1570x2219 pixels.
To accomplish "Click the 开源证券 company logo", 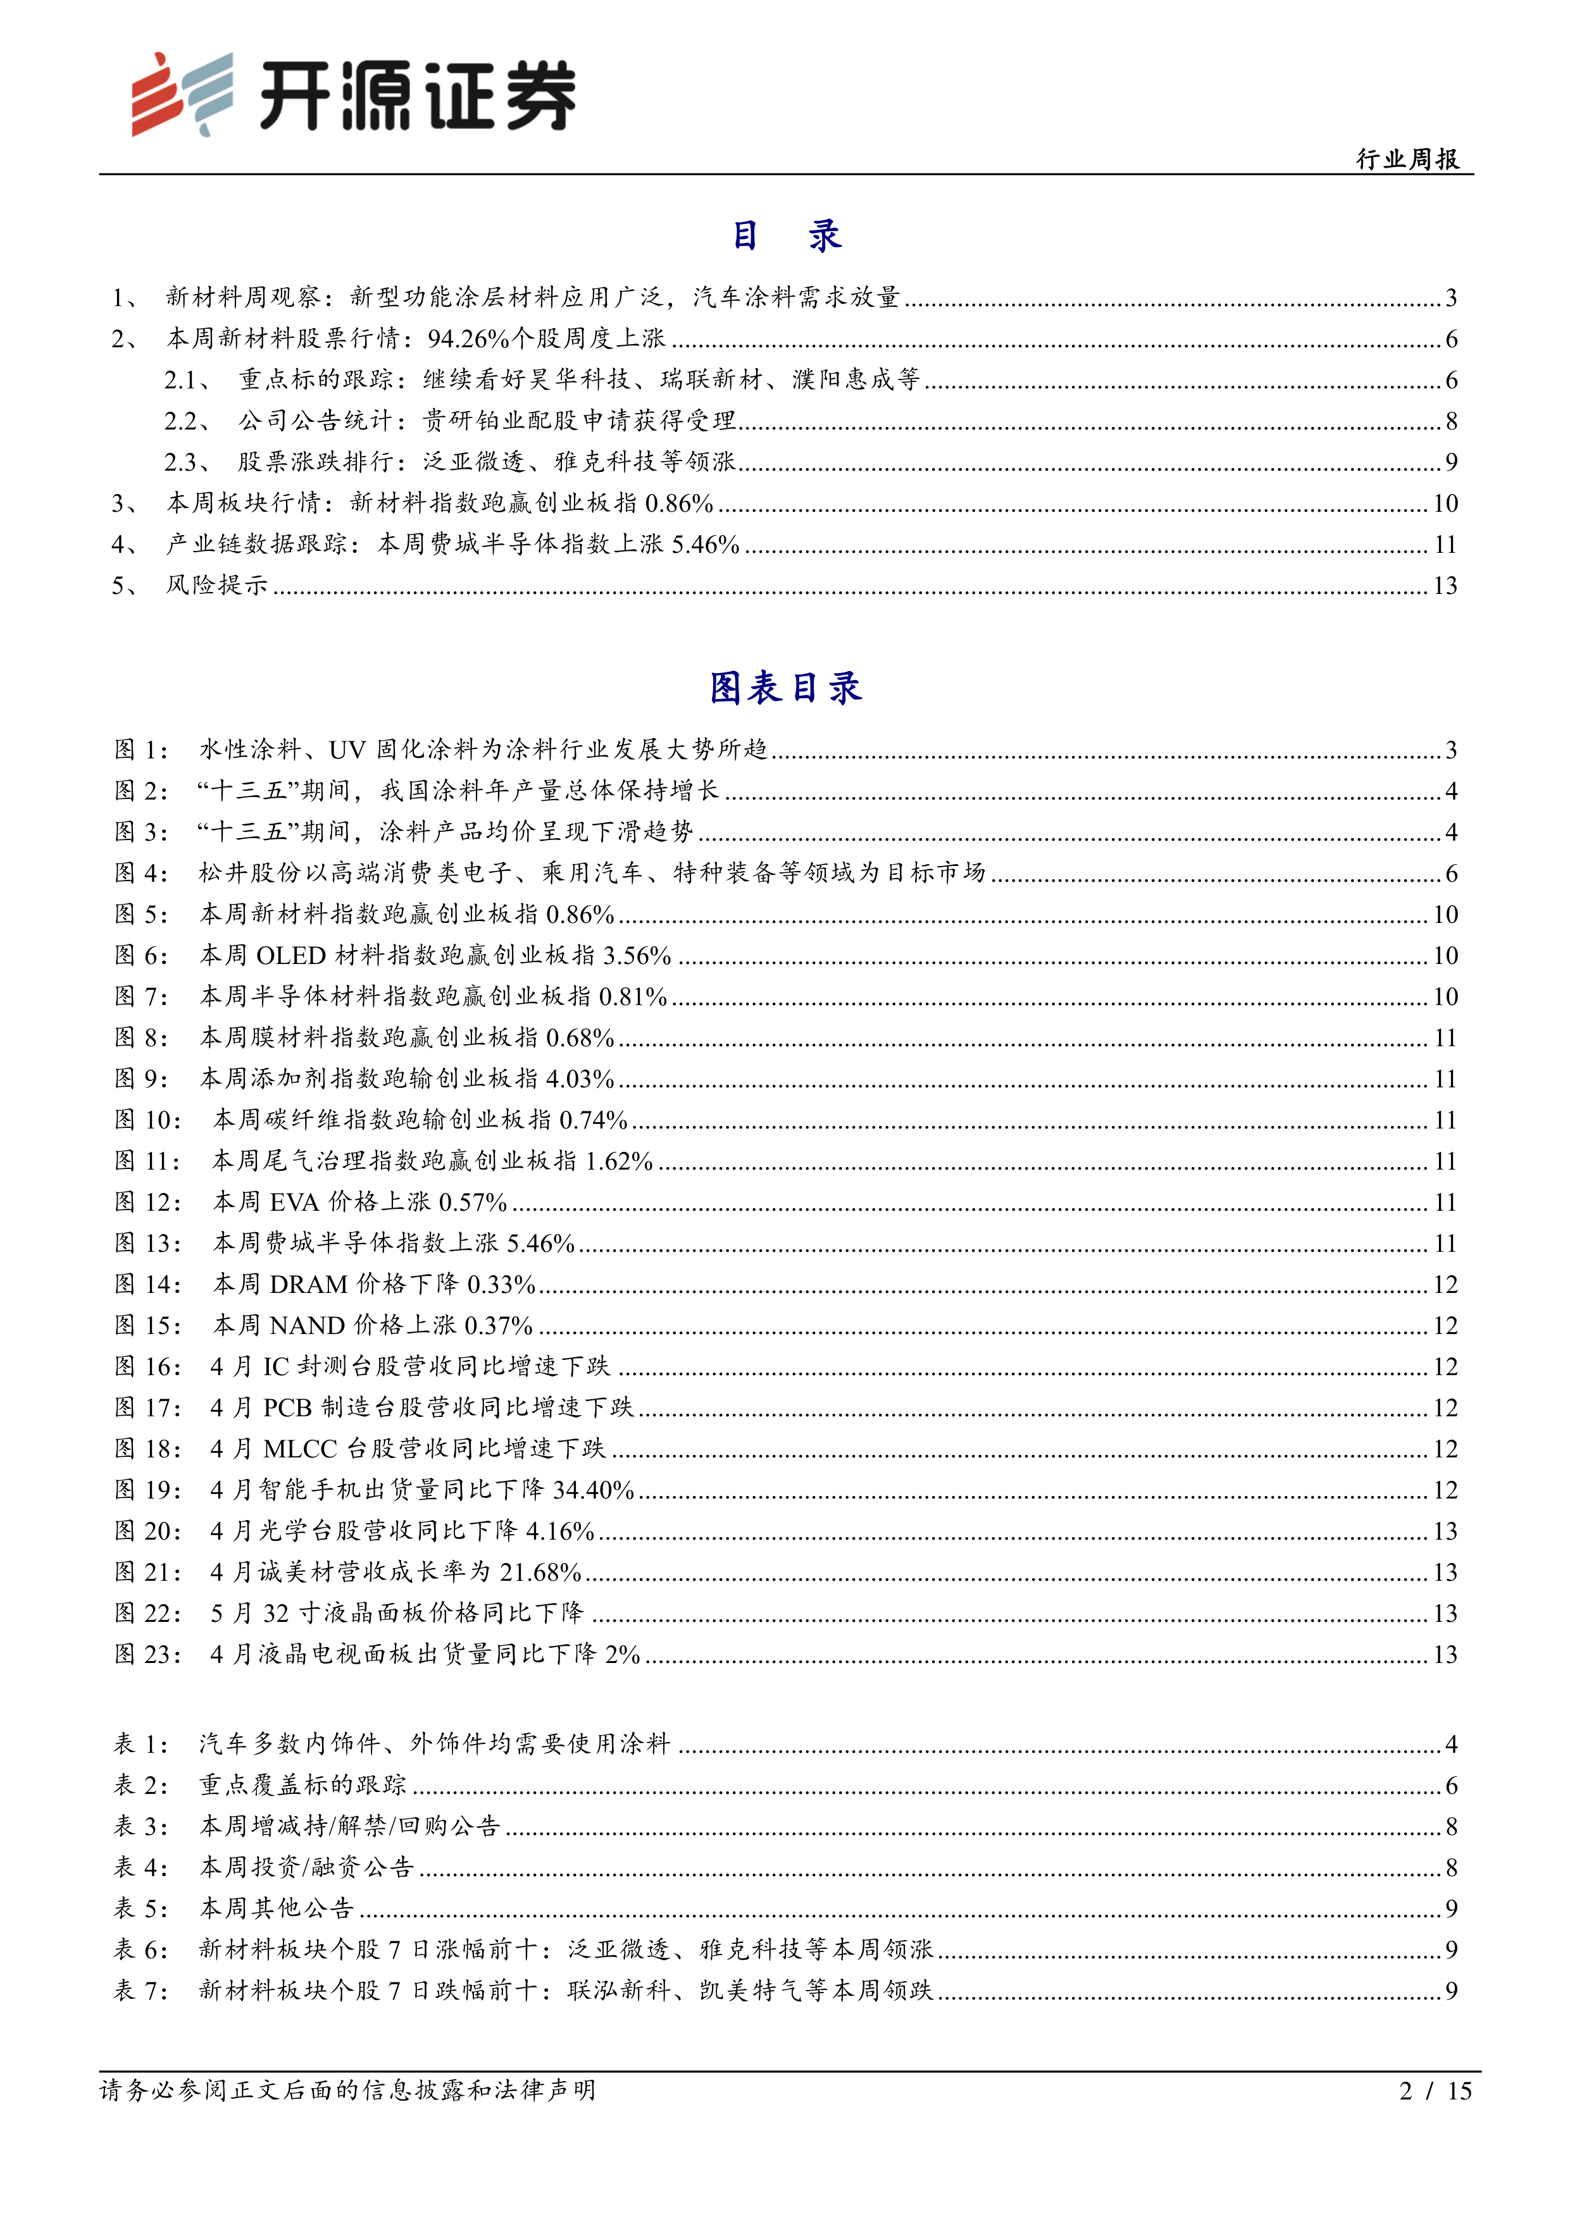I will coord(354,94).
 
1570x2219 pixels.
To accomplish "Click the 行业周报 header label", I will coord(1407,159).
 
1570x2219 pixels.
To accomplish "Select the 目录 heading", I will coord(785,235).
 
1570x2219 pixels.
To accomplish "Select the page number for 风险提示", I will coord(1444,586).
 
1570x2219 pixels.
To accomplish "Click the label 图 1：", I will coord(141,750).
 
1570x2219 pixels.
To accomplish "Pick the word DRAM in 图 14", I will coord(308,1285).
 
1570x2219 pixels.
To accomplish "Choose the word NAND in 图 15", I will coord(306,1326).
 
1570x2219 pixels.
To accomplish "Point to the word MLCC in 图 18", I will coord(300,1449).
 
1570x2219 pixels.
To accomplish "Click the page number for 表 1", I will coord(1451,1745).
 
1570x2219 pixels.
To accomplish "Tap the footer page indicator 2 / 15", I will coord(1435,2091).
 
